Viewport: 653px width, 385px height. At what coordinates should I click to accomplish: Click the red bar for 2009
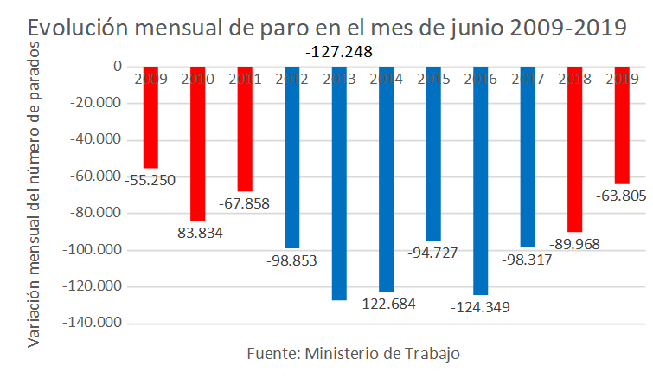[150, 118]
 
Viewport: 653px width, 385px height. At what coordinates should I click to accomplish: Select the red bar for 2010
[197, 144]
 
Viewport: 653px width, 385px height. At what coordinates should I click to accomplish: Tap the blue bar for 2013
[339, 183]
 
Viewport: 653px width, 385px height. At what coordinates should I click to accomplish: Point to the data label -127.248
[339, 52]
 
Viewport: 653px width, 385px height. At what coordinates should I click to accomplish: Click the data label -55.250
[151, 181]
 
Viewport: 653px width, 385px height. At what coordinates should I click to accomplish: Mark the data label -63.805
[621, 196]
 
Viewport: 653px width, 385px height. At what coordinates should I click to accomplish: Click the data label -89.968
[575, 245]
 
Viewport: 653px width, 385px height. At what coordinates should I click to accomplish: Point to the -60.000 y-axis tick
[98, 176]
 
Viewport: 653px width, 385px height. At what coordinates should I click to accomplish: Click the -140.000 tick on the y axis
[94, 324]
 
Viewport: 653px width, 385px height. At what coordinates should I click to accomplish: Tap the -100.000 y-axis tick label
[94, 250]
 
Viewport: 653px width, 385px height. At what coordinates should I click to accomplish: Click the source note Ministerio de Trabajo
[353, 354]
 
